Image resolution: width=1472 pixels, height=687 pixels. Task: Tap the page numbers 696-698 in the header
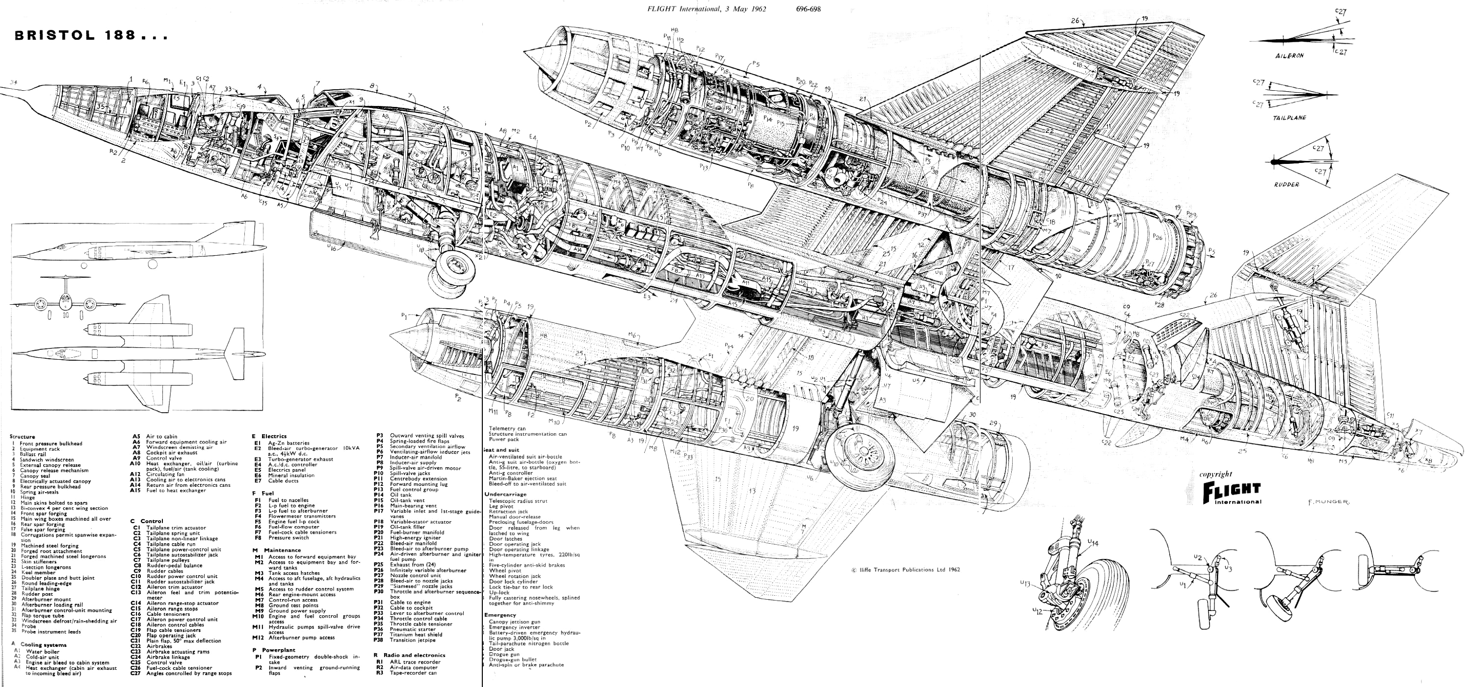tap(808, 8)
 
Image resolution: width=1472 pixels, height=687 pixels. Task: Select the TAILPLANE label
tap(1289, 118)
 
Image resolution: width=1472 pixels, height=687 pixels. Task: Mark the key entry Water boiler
tap(43, 652)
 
